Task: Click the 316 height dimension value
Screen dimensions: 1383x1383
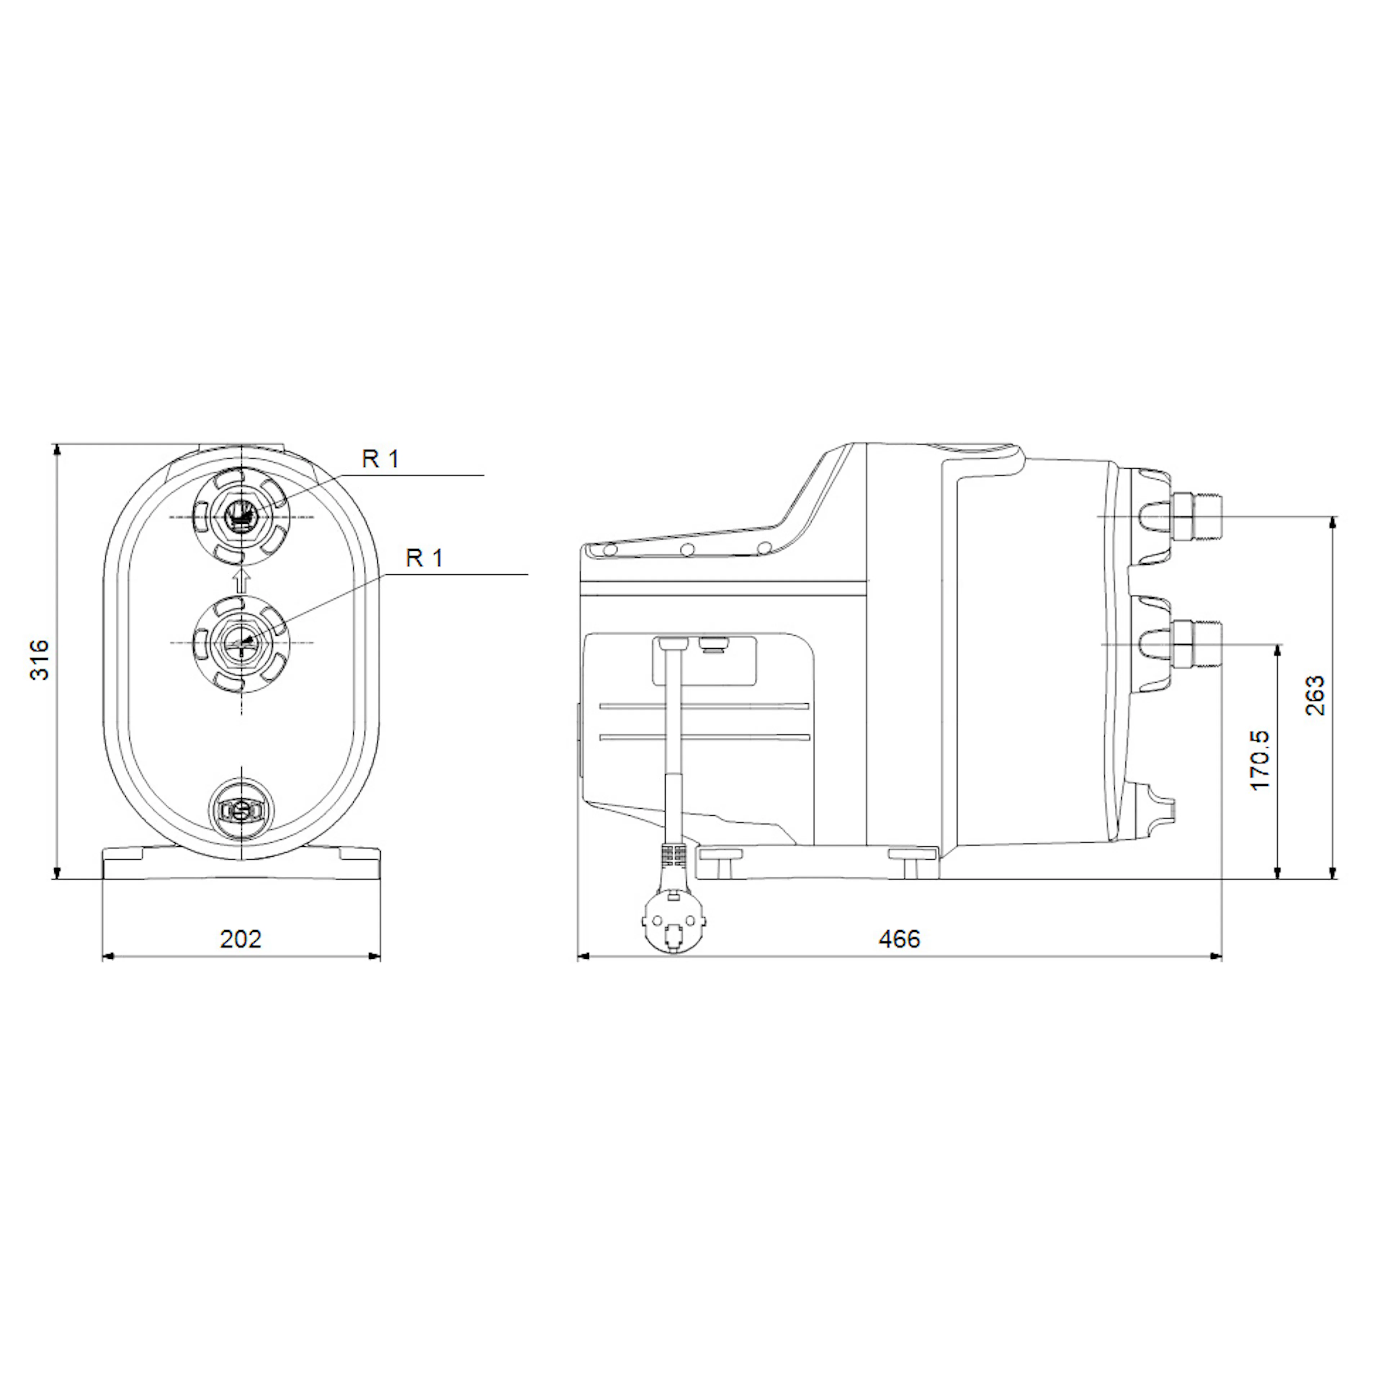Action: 39,660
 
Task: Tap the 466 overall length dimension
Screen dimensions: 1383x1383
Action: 899,939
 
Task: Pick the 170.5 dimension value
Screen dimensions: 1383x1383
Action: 1260,760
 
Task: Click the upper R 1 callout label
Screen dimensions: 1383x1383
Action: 380,459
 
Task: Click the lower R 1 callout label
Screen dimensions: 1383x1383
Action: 425,558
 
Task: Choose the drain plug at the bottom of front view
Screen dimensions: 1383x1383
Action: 242,810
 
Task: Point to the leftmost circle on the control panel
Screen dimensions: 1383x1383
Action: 610,550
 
